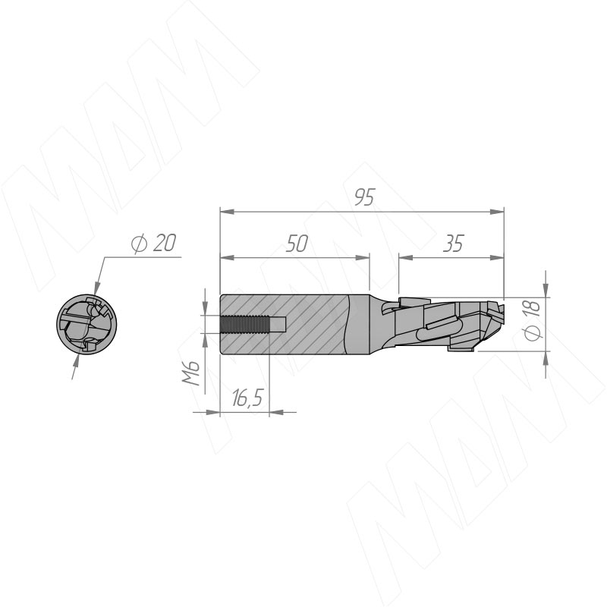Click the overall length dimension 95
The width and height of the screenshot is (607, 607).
coord(365,197)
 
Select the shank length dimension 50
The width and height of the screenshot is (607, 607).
coord(297,244)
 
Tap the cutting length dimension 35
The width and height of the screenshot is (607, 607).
coord(453,244)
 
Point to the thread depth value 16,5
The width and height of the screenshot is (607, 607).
coord(248,398)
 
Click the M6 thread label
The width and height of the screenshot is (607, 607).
coord(191,373)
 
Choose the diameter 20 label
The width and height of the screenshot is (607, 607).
coord(153,243)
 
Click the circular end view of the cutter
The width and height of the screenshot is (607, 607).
coord(86,325)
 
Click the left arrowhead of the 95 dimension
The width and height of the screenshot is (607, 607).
coord(227,212)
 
